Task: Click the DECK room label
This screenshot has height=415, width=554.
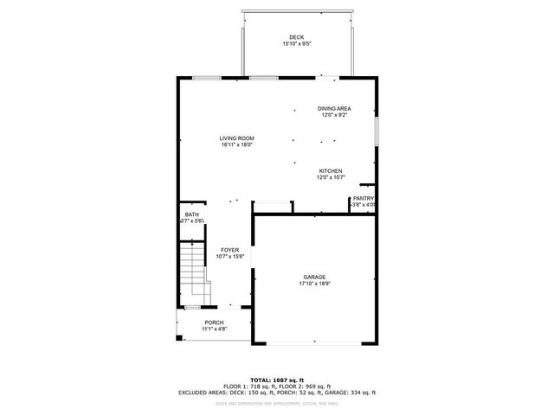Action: pyautogui.click(x=297, y=37)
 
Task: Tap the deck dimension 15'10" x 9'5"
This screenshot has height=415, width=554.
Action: pyautogui.click(x=297, y=43)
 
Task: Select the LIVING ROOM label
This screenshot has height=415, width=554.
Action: pyautogui.click(x=235, y=138)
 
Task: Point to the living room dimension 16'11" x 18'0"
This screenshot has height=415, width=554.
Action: pyautogui.click(x=235, y=145)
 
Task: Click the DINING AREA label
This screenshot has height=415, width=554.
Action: pyautogui.click(x=334, y=109)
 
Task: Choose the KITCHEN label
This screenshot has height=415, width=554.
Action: pyautogui.click(x=331, y=170)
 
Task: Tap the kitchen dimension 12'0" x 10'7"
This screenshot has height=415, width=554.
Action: pyautogui.click(x=331, y=177)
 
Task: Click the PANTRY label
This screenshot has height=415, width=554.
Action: pyautogui.click(x=363, y=198)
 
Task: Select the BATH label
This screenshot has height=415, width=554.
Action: pyautogui.click(x=191, y=214)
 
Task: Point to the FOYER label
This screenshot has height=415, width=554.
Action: pyautogui.click(x=229, y=249)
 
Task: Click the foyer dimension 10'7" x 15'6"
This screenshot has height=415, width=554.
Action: pyautogui.click(x=229, y=256)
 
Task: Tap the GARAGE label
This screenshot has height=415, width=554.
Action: pyautogui.click(x=314, y=277)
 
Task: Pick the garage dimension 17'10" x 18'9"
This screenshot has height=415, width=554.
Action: pyautogui.click(x=314, y=284)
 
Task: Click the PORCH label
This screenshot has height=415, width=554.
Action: pyautogui.click(x=214, y=322)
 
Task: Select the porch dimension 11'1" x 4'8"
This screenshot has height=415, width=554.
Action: pyautogui.click(x=214, y=329)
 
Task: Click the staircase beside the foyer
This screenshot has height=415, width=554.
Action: pyautogui.click(x=195, y=274)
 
